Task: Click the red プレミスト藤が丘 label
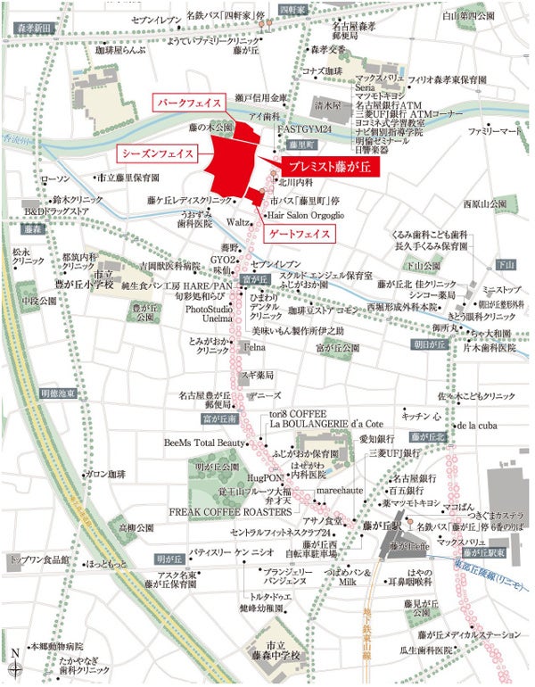[332, 167]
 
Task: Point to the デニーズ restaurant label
[265, 394]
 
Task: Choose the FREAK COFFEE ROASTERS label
[231, 513]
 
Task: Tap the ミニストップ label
[500, 290]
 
